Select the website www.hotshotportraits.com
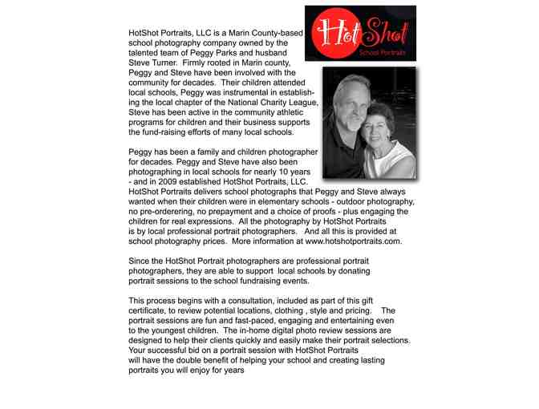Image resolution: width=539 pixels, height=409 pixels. pyautogui.click(x=352, y=241)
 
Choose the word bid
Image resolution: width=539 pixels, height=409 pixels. pyautogui.click(x=192, y=350)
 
